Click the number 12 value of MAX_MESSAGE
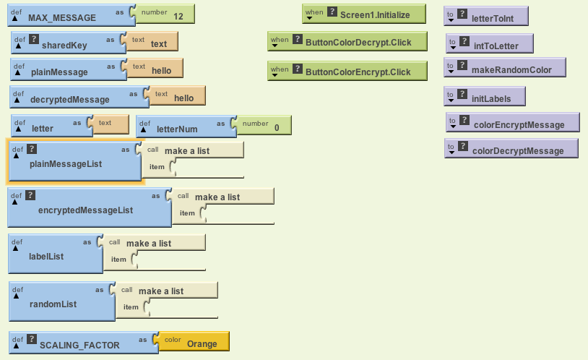coord(178,16)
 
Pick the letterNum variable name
coord(177,129)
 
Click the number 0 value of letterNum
coord(277,128)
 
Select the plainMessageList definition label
coord(66,164)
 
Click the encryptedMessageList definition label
coord(85,210)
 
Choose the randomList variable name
coord(53,304)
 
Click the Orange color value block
coord(202,344)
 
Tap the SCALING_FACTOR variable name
coord(79,345)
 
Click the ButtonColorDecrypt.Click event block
coord(358,42)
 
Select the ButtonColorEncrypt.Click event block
coord(358,72)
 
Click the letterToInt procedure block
coord(498,16)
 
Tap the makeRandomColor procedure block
coord(511,70)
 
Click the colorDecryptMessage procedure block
coord(517,150)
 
